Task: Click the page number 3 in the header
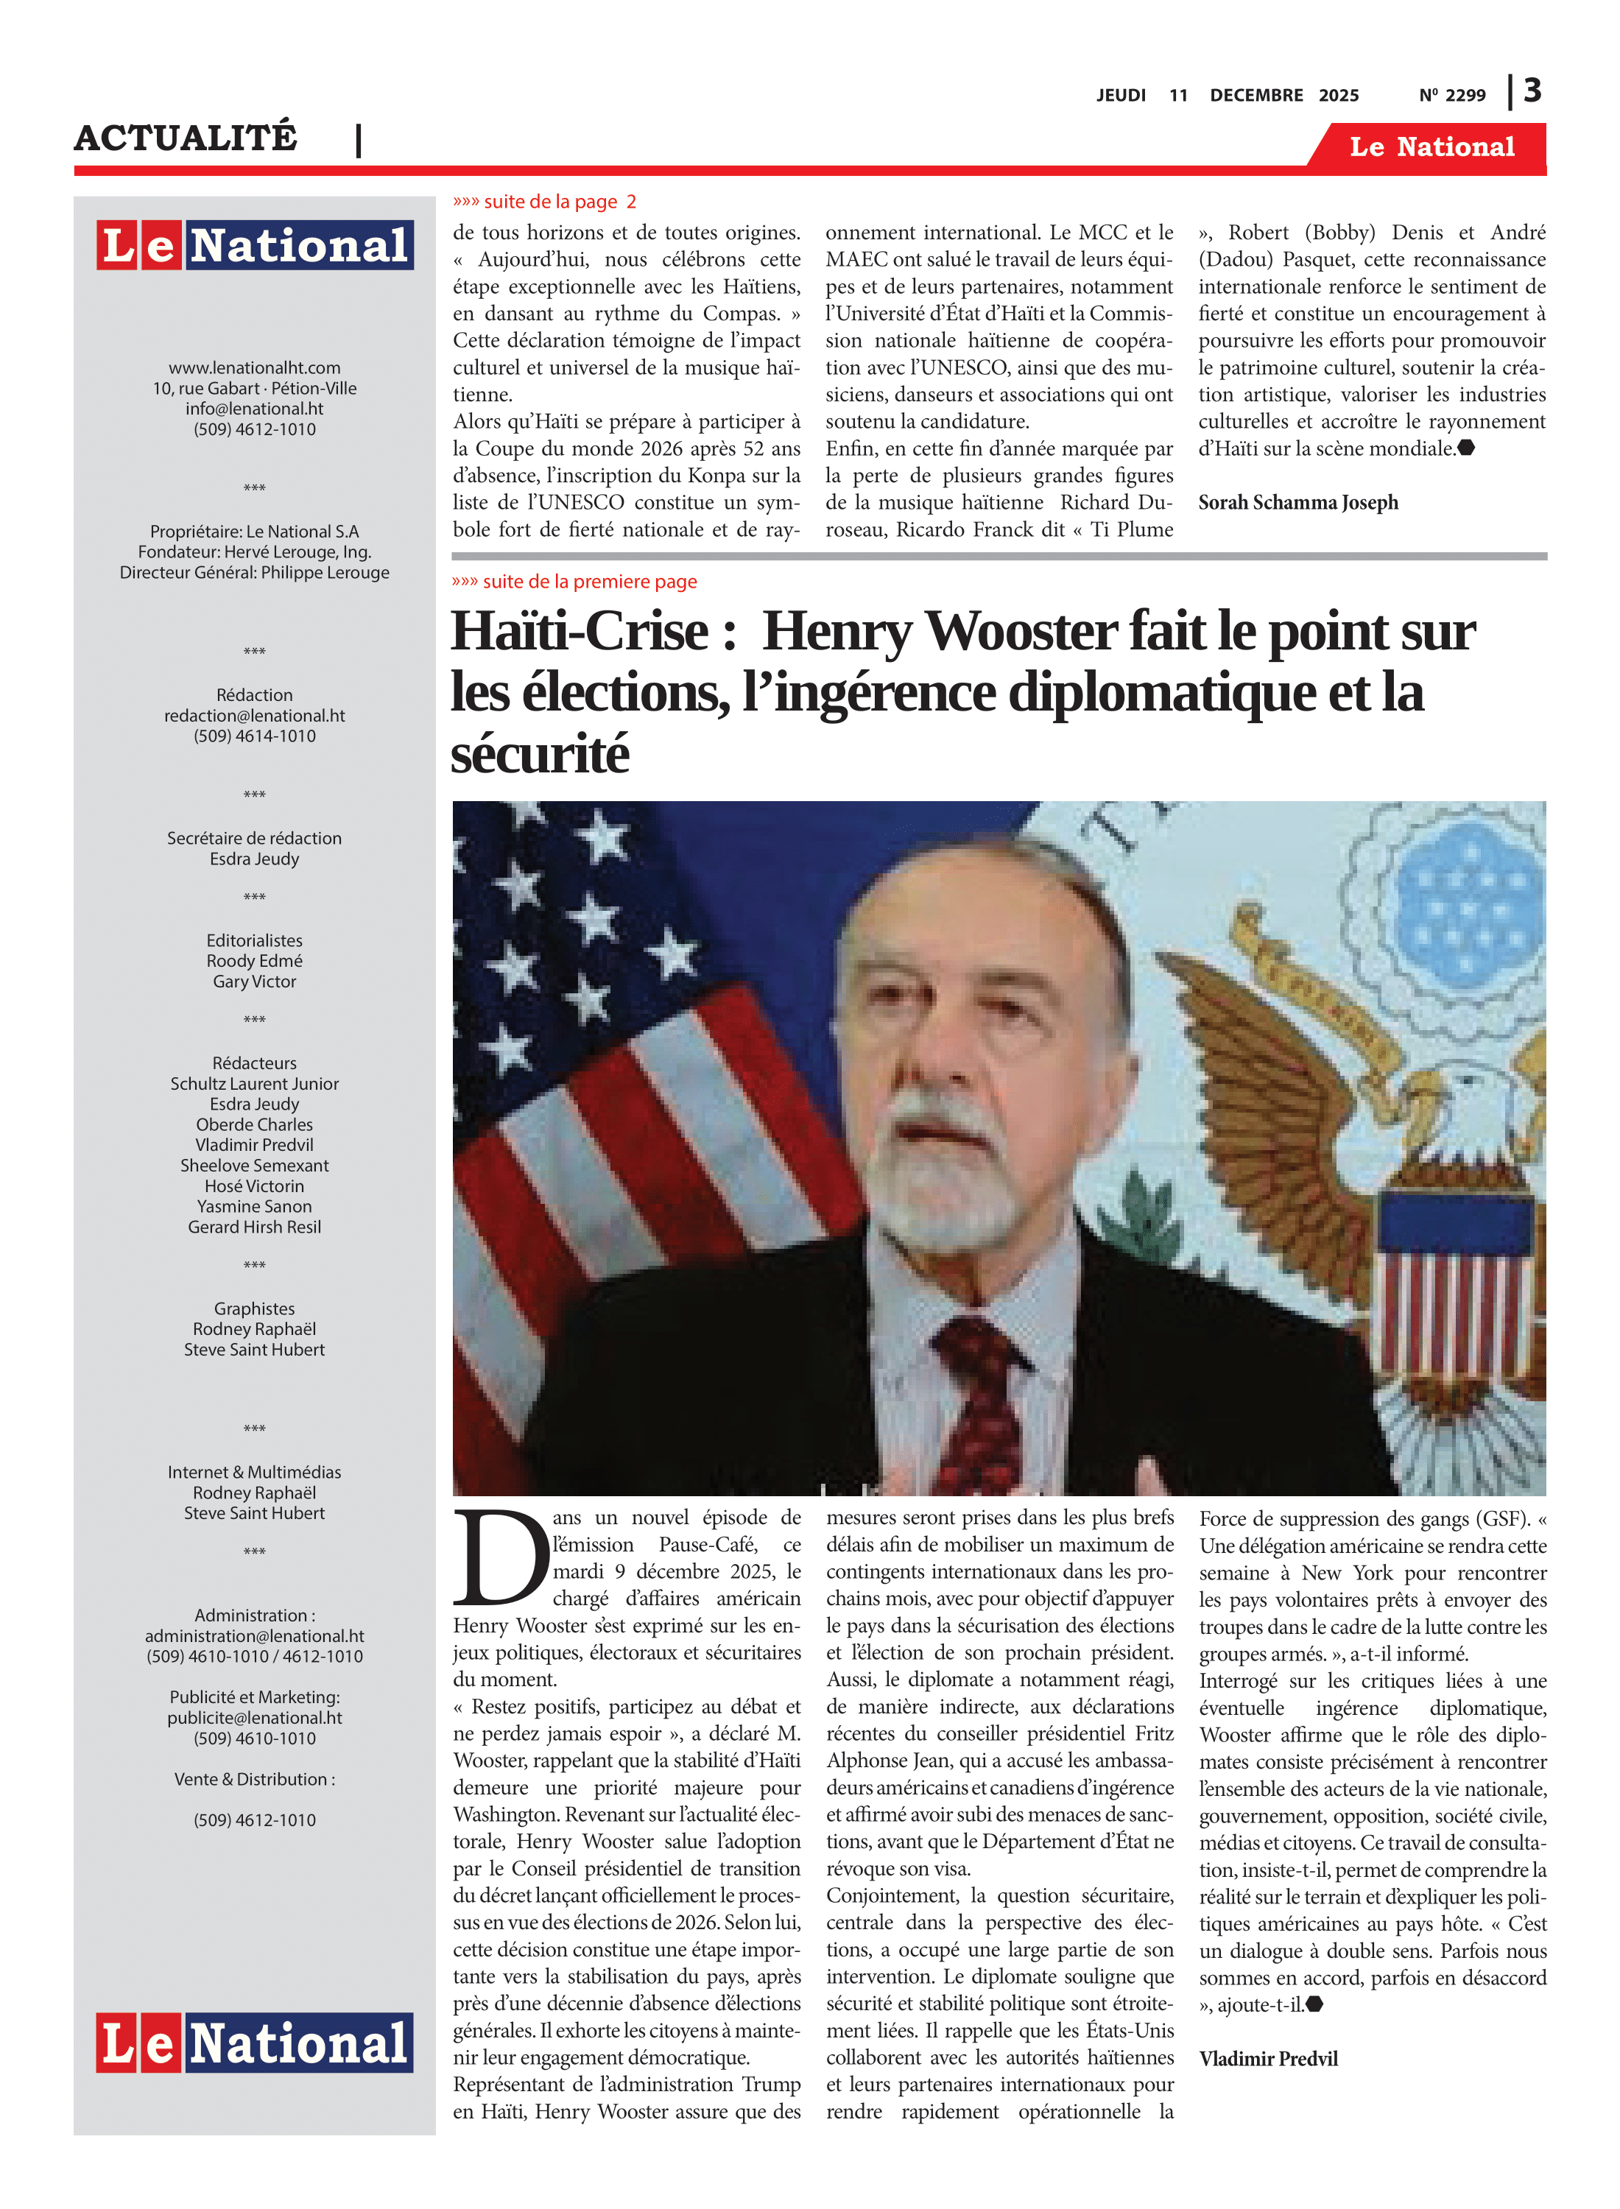(1532, 91)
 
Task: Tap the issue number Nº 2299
(1451, 95)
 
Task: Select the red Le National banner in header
(1431, 147)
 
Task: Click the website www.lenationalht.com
(254, 367)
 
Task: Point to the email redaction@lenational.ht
(254, 716)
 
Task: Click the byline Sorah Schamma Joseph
(1297, 503)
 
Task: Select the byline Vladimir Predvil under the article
(1267, 2058)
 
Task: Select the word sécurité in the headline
(539, 754)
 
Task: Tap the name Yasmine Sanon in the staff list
(254, 1206)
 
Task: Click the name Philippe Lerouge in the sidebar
(325, 573)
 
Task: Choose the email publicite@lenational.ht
(254, 1718)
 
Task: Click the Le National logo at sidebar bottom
(254, 2043)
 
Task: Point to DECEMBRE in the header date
(1255, 95)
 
